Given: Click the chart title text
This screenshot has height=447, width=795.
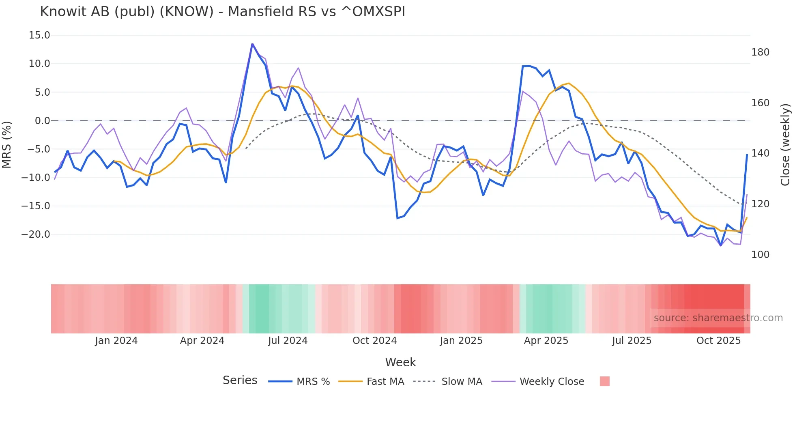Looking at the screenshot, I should [x=222, y=12].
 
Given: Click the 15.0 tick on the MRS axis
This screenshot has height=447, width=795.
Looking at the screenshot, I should [x=39, y=35].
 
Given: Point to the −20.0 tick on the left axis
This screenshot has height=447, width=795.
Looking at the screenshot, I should [x=36, y=234].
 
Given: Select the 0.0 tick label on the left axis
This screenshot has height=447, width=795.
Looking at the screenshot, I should [x=42, y=121].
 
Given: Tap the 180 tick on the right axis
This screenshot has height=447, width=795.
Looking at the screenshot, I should [x=760, y=52].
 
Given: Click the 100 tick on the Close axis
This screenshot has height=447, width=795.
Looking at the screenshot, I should [x=760, y=255].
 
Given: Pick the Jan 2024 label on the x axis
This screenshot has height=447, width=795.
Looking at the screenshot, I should [x=116, y=341].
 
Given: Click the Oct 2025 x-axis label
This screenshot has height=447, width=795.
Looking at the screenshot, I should [x=718, y=341].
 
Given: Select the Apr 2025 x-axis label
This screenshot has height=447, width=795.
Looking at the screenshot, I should [x=546, y=341].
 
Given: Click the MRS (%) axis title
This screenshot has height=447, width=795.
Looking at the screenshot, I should [x=7, y=144].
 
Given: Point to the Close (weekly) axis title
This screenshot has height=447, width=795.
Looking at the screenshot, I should [x=786, y=144].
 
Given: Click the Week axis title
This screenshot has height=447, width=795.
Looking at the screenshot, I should [x=400, y=362].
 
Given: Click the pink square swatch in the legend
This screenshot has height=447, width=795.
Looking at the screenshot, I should [x=604, y=381].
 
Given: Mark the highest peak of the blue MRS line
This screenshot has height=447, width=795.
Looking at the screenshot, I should [x=252, y=44].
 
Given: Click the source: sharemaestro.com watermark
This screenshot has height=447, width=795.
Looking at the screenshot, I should [x=718, y=318].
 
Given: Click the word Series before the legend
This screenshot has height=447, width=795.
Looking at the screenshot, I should [x=240, y=380].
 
